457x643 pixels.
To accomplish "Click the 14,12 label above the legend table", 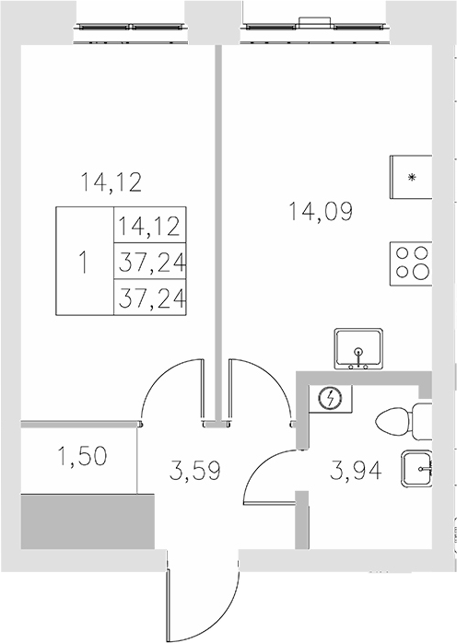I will tap(110, 182).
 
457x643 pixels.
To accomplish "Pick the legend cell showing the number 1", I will tap(84, 262).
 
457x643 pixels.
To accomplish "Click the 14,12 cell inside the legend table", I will tap(148, 225).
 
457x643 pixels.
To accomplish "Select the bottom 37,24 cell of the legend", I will tap(148, 297).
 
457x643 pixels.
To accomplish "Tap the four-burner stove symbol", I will tap(410, 262).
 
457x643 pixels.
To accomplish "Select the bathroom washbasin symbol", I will tap(417, 469).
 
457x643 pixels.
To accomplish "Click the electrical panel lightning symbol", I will tap(330, 399).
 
